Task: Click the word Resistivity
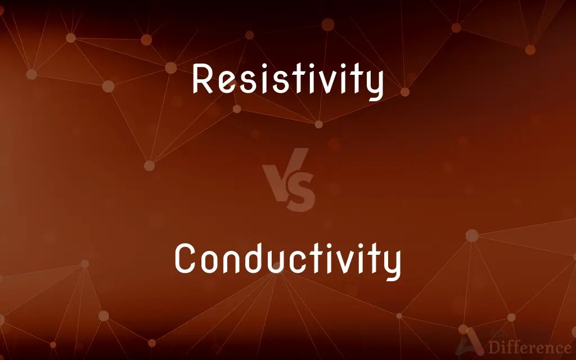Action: [x=287, y=80]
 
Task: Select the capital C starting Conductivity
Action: [x=185, y=260]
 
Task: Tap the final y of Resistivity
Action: [x=373, y=85]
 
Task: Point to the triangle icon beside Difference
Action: [x=467, y=345]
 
